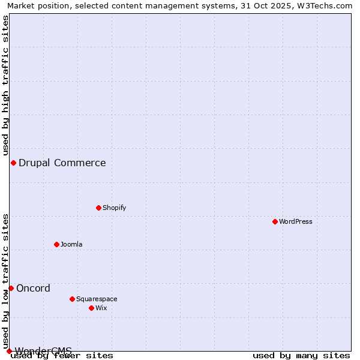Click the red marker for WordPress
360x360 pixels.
pyautogui.click(x=275, y=222)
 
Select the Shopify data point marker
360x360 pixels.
pyautogui.click(x=98, y=208)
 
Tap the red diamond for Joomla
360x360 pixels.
pyautogui.click(x=56, y=244)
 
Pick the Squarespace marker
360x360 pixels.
pyautogui.click(x=72, y=299)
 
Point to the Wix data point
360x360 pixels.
pyautogui.click(x=91, y=308)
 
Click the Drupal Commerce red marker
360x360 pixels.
pyautogui.click(x=13, y=163)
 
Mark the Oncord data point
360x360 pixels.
pyautogui.click(x=11, y=289)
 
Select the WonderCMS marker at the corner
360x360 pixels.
pyautogui.click(x=9, y=351)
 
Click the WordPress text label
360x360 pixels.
pyautogui.click(x=296, y=222)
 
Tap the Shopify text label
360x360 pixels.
pyautogui.click(x=115, y=208)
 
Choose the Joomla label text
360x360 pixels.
pyautogui.click(x=71, y=245)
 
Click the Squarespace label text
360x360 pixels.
pyautogui.click(x=97, y=299)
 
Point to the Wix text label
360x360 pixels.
pyautogui.click(x=101, y=308)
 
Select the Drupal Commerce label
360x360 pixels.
pyautogui.click(x=62, y=163)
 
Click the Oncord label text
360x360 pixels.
pyautogui.click(x=34, y=289)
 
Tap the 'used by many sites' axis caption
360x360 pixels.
pyautogui.click(x=301, y=356)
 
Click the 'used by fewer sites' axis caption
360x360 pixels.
pyautogui.click(x=62, y=356)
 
